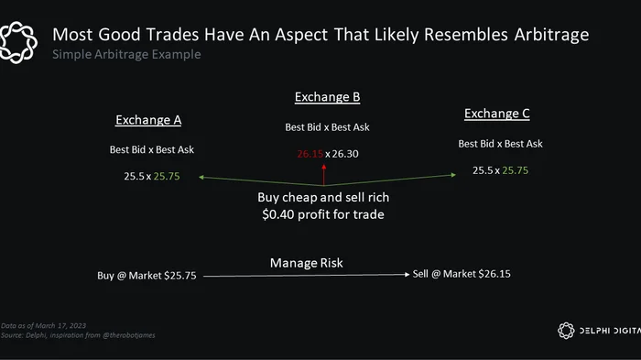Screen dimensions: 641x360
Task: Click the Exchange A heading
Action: tap(148, 120)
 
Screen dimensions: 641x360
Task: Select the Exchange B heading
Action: tap(328, 97)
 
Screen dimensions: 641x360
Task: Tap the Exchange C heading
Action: tap(496, 114)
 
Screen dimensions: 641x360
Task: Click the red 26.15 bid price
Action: tap(310, 154)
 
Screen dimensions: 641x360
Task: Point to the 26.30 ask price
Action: tap(345, 154)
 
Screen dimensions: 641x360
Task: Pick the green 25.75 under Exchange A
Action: tap(167, 176)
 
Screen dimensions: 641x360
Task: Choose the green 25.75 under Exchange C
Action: tap(515, 170)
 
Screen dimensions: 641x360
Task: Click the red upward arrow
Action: tap(324, 175)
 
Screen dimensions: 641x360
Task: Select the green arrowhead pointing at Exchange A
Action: tap(201, 177)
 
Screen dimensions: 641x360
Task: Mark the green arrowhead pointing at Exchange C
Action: tap(453, 175)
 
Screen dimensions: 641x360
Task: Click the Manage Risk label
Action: tap(307, 263)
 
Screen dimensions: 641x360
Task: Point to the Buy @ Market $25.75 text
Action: tap(147, 276)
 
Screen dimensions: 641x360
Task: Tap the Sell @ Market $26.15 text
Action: tap(462, 274)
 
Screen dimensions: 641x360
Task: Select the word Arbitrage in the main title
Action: tap(551, 35)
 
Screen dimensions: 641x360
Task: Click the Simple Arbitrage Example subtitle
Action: tap(126, 54)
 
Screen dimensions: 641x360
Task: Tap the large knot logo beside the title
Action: tap(18, 42)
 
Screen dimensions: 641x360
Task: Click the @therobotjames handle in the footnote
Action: tap(129, 335)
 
